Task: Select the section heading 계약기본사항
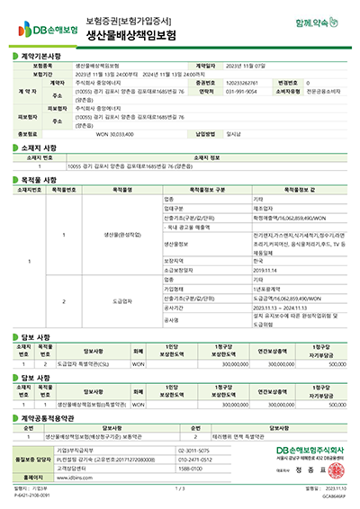40,56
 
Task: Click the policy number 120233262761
239,82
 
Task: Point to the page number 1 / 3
180,488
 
